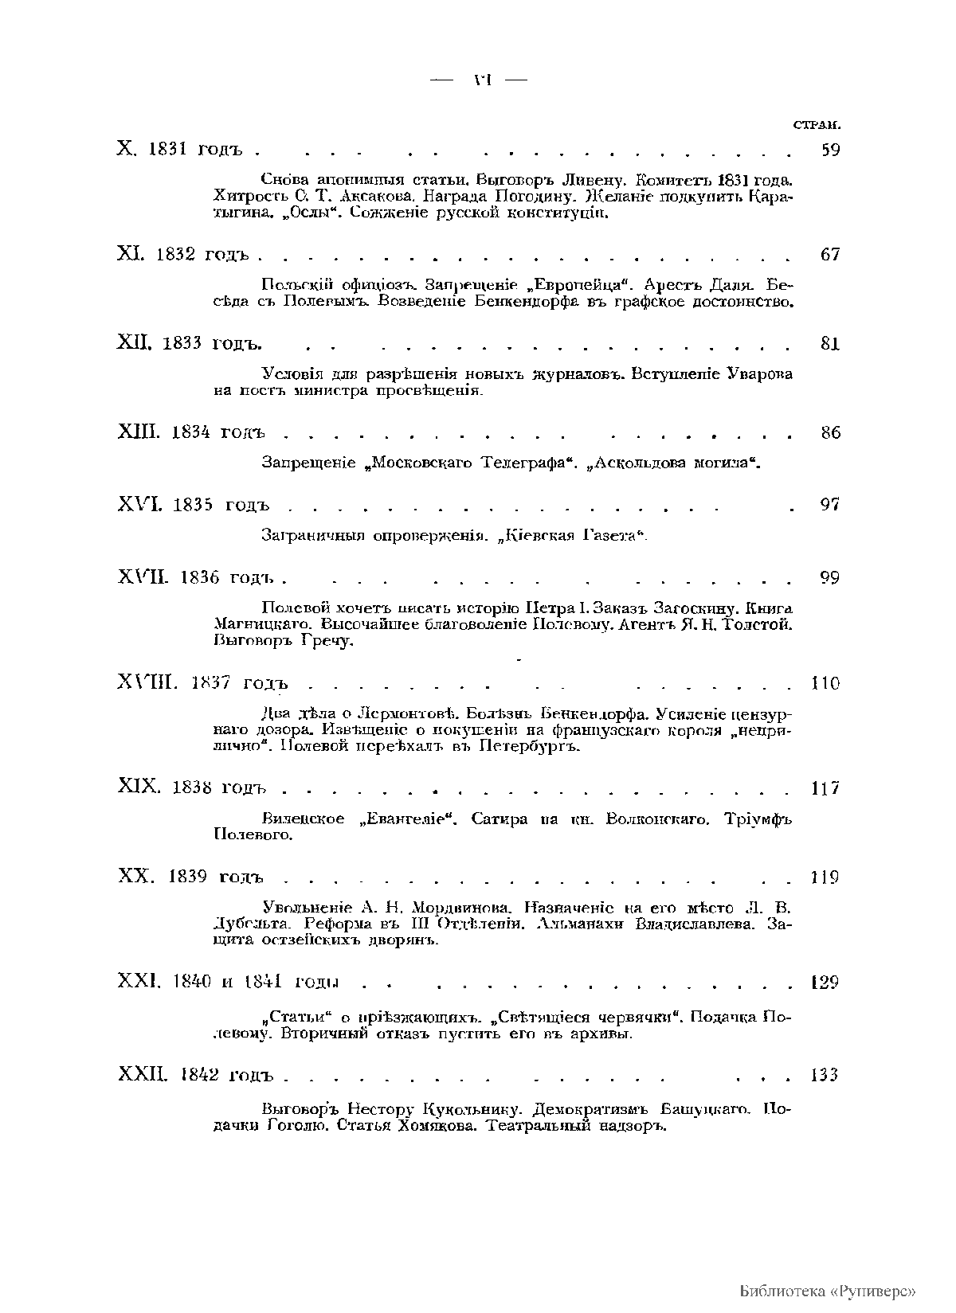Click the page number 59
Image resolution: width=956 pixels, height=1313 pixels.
(830, 150)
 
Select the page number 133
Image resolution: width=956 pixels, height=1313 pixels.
(825, 1075)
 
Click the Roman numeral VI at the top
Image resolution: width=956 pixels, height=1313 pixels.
(480, 80)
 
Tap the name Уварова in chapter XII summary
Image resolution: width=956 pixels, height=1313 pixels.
(762, 373)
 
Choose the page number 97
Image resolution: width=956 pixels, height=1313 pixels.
(830, 506)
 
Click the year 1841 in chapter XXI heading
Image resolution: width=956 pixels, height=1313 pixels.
(261, 983)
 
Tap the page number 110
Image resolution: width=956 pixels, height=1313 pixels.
(825, 683)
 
